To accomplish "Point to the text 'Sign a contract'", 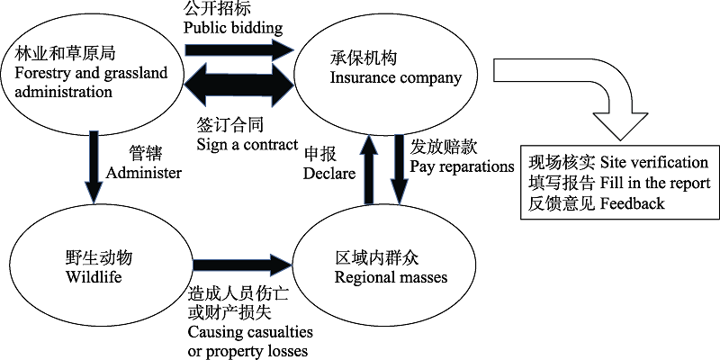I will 247,144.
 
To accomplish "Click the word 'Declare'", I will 329,173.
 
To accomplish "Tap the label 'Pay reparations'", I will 462,166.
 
